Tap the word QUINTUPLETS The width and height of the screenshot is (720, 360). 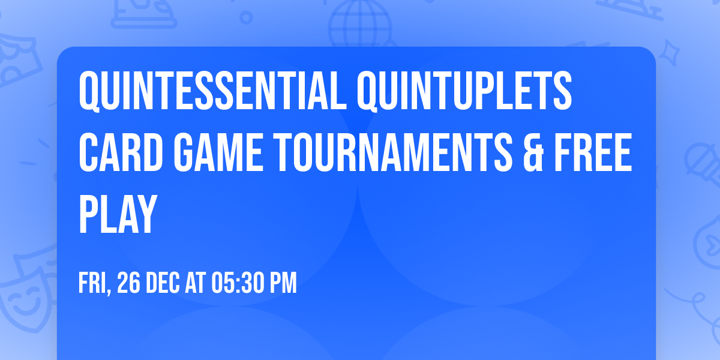(x=463, y=91)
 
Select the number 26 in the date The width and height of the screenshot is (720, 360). (x=128, y=283)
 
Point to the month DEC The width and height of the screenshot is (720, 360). (x=162, y=283)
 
